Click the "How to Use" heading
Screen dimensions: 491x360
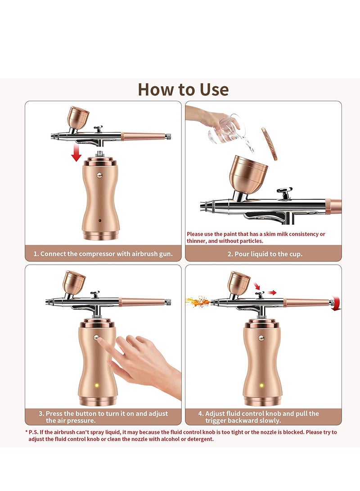click(x=183, y=89)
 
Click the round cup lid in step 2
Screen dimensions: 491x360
click(x=269, y=144)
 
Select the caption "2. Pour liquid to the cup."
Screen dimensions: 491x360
click(x=264, y=254)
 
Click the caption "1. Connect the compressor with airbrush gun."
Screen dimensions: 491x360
click(x=103, y=254)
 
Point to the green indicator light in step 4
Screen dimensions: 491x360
click(x=262, y=385)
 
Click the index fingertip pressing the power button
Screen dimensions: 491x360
click(x=100, y=341)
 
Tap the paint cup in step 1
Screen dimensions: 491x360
click(x=77, y=117)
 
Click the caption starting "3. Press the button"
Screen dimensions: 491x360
click(x=103, y=417)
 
